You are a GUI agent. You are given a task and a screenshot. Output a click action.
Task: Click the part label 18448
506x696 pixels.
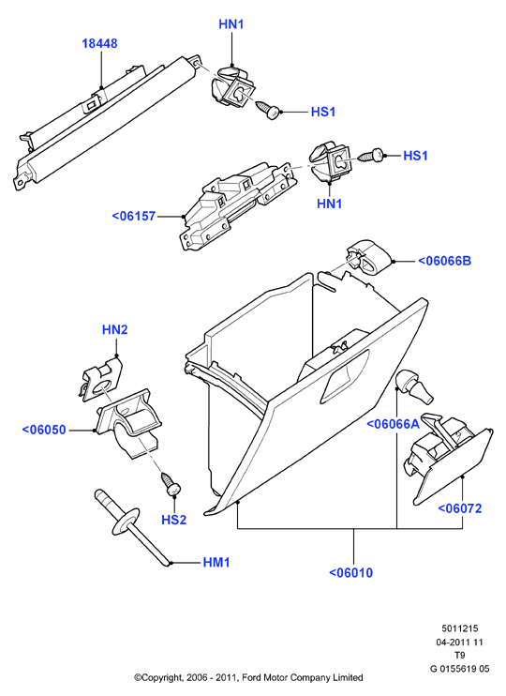coord(99,43)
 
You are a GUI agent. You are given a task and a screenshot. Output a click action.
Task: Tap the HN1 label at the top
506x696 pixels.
coord(231,24)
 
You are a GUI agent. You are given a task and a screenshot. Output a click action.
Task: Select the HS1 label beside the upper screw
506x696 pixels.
coord(323,112)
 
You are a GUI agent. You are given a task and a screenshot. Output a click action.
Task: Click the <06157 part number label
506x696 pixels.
coord(133,216)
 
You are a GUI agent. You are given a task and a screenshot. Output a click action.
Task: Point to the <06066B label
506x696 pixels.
coord(444,261)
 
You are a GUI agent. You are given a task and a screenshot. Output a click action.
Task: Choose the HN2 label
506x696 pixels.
coord(115,330)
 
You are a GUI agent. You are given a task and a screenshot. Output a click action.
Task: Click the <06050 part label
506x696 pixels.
coord(44,430)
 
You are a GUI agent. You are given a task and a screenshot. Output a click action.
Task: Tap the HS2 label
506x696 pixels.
coord(174,520)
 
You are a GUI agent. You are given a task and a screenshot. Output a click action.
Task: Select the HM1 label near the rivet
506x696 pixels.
coord(216,563)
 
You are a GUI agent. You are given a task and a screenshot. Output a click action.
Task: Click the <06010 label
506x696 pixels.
coord(350,572)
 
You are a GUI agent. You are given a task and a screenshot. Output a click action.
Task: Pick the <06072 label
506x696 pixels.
coord(460,508)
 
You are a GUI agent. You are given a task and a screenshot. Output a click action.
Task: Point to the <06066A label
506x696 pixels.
coord(393,424)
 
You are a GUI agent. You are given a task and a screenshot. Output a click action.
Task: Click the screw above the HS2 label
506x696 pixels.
coord(171,484)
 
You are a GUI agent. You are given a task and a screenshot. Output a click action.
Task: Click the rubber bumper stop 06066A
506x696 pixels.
coord(414,386)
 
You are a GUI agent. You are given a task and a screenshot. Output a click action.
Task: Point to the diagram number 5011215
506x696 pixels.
coord(460,628)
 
